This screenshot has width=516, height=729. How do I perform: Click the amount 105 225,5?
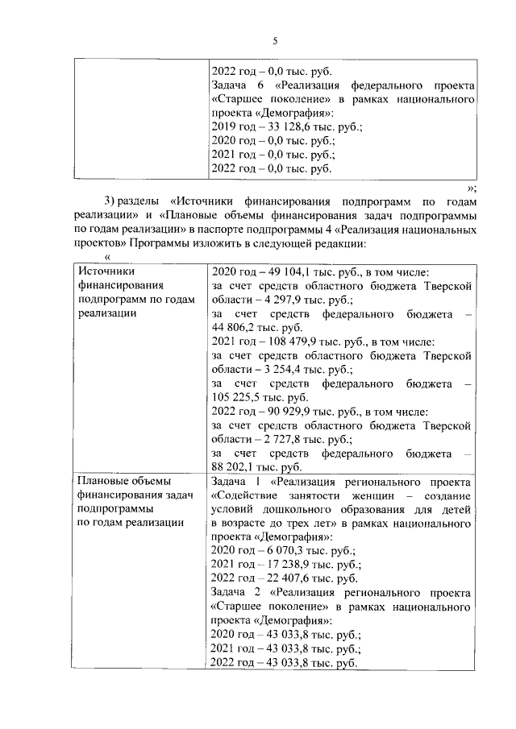point(240,397)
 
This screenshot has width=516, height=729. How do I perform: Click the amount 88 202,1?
point(237,466)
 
